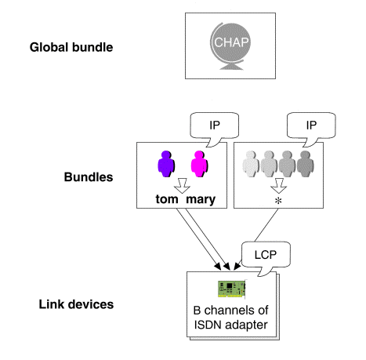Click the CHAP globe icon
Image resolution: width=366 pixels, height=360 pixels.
pyautogui.click(x=230, y=46)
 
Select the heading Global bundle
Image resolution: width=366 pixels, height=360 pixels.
pyautogui.click(x=71, y=47)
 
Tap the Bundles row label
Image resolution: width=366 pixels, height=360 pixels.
pyautogui.click(x=89, y=177)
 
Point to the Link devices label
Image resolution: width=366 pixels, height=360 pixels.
pyautogui.click(x=76, y=304)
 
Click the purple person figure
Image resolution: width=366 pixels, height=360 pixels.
pyautogui.click(x=166, y=164)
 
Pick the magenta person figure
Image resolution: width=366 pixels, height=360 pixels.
pyautogui.click(x=200, y=164)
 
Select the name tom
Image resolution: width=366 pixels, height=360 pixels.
pyautogui.click(x=167, y=199)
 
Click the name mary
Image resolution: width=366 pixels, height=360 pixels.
pyautogui.click(x=201, y=200)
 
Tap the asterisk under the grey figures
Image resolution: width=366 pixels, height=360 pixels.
pyautogui.click(x=278, y=201)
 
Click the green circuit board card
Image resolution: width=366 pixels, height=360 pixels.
pyautogui.click(x=232, y=289)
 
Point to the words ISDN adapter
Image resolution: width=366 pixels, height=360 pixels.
pyautogui.click(x=231, y=325)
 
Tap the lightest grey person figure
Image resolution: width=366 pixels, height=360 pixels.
pyautogui.click(x=251, y=164)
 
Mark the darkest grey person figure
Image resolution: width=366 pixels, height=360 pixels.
pyautogui.click(x=306, y=164)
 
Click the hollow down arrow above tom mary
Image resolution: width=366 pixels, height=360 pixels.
pyautogui.click(x=182, y=186)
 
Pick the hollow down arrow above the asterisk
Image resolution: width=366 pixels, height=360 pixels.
pyautogui.click(x=279, y=186)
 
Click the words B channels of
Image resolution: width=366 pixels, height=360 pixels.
pyautogui.click(x=231, y=311)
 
